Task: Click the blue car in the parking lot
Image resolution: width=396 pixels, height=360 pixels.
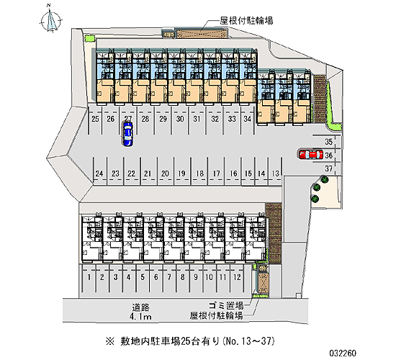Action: point(127,134)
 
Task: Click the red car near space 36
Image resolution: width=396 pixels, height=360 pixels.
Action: point(311,155)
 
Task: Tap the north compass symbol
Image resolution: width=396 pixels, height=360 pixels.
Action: point(51,21)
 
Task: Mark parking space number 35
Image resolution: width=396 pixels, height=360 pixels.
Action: point(328,142)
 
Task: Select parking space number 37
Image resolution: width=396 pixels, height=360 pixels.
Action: point(328,168)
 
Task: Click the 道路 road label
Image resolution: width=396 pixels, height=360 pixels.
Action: point(140,307)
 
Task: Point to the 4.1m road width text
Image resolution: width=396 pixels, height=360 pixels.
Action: point(140,317)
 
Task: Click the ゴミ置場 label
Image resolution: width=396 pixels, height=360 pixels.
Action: point(226,306)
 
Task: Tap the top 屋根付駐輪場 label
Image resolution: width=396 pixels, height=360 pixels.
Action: point(246,20)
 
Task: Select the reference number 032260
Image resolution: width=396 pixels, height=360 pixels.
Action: point(343,353)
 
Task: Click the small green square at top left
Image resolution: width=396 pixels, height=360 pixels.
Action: point(90,38)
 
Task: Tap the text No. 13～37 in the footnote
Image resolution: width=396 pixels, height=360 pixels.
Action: point(249,341)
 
